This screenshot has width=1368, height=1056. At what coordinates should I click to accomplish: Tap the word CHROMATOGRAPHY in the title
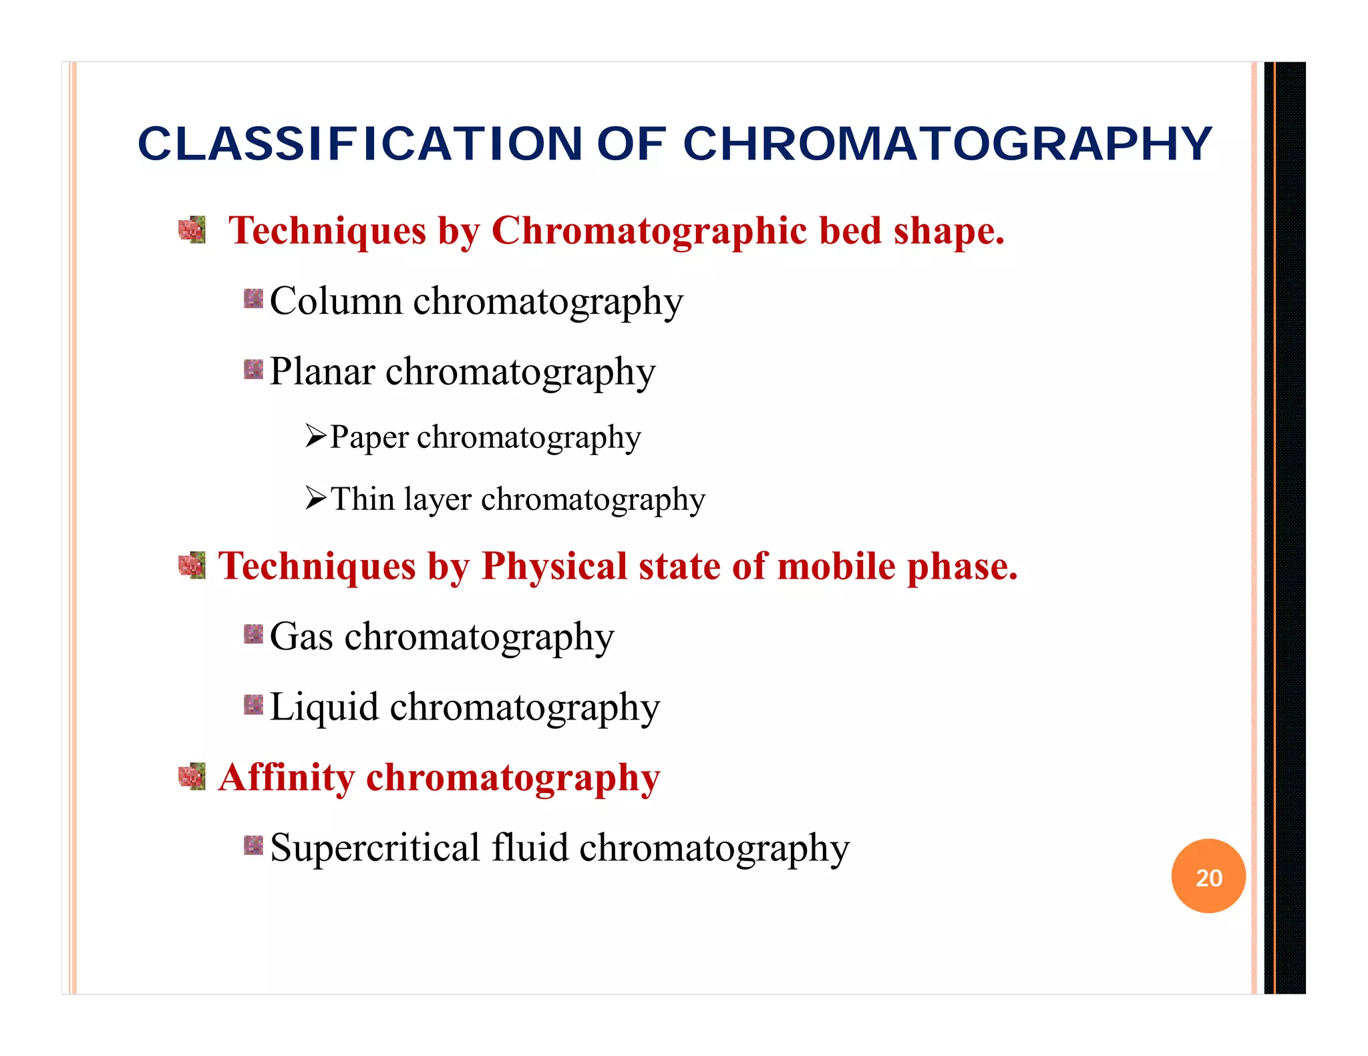coord(947,144)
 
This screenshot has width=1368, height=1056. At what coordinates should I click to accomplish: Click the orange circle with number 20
coord(1208,876)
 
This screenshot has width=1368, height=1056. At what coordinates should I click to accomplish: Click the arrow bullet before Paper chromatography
coord(315,437)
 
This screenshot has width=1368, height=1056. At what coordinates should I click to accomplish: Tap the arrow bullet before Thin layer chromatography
coord(315,498)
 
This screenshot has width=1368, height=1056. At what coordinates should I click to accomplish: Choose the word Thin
coord(363,499)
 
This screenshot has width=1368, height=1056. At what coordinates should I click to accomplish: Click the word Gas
coord(301,636)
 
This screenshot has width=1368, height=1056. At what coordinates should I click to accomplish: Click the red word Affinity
coord(287,778)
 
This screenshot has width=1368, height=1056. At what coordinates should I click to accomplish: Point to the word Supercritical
coord(375,848)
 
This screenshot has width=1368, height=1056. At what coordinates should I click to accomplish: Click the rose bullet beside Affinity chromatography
coord(192,776)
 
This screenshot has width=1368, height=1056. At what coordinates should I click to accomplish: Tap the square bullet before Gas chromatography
coord(254,634)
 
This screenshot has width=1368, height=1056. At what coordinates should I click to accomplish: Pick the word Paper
coord(369,438)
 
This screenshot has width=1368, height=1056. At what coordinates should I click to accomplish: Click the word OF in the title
coord(631,144)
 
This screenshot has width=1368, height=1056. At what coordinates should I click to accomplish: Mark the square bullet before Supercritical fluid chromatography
coord(254,845)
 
